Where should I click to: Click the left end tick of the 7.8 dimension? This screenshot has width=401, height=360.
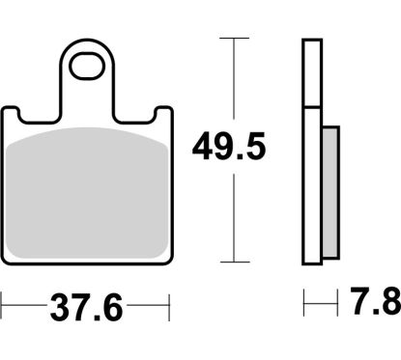click(303, 308)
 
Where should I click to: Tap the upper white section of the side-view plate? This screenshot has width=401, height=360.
click(311, 72)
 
